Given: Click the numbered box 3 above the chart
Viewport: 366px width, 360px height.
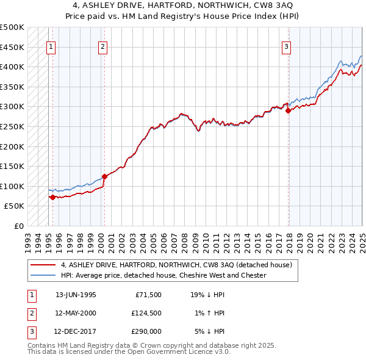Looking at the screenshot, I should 286,46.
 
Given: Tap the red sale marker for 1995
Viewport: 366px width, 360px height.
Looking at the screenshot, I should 53,197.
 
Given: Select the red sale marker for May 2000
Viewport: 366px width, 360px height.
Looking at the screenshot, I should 105,176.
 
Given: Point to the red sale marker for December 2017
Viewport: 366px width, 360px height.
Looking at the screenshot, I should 289,110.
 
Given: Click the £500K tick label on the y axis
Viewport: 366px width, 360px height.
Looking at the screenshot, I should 12,27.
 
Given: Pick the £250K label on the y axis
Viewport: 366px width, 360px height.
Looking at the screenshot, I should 12,127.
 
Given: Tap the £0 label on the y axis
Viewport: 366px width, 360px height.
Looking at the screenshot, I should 19,226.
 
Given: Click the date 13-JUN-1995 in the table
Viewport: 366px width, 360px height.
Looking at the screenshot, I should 76,295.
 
